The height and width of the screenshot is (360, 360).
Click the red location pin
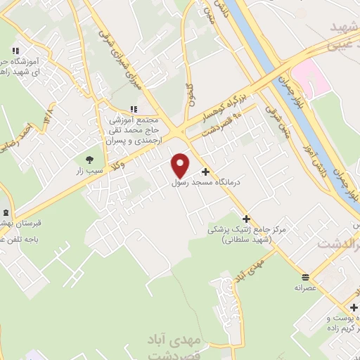coord(181,164)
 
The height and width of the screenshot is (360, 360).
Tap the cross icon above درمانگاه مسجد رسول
coord(205,172)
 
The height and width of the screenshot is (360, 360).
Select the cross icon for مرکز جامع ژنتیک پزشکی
coord(245,219)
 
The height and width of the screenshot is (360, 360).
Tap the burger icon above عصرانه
coord(304,276)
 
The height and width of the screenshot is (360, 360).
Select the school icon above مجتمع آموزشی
coord(134,108)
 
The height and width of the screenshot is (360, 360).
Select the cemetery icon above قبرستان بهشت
coord(6,212)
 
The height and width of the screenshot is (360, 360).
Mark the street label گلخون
coord(188,95)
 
